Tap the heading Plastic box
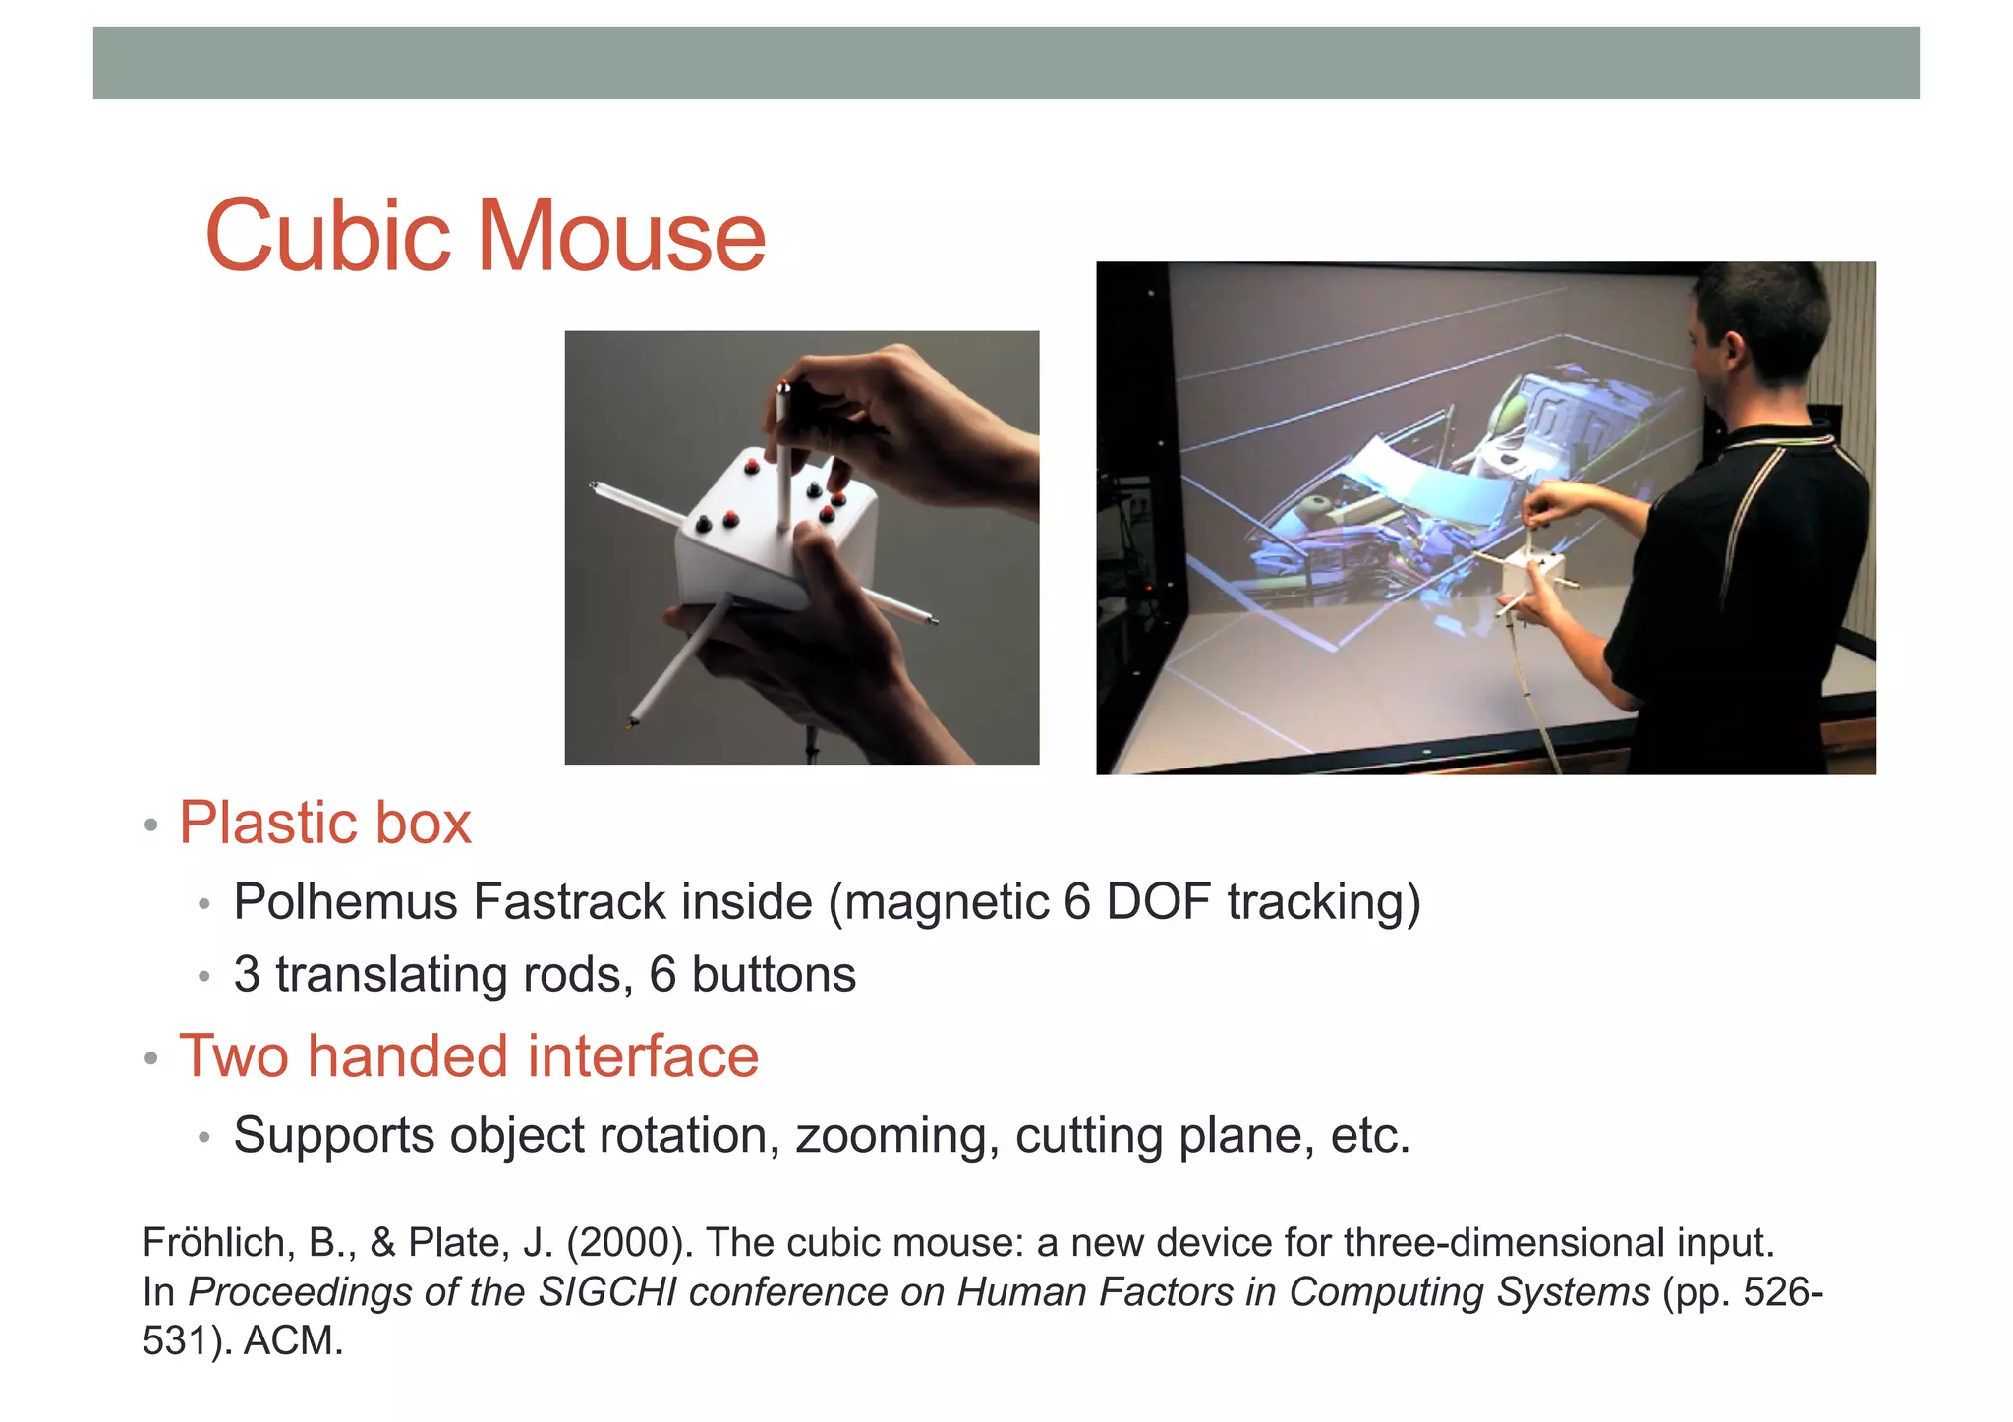click(324, 823)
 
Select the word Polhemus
click(346, 902)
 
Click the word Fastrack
click(569, 902)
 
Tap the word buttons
click(774, 975)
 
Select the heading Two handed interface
click(469, 1056)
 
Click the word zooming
click(897, 1136)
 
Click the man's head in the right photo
click(1760, 324)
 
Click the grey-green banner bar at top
click(1006, 63)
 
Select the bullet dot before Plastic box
click(150, 825)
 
